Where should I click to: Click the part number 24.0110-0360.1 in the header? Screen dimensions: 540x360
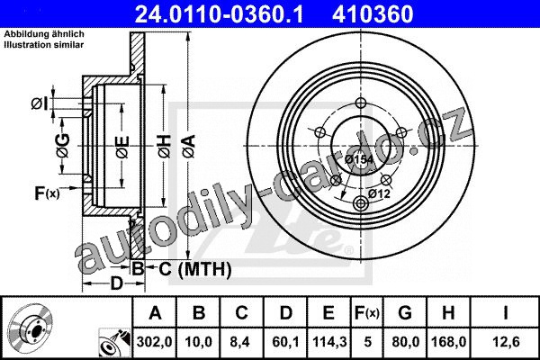219,14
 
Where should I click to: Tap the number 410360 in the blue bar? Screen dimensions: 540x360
373,14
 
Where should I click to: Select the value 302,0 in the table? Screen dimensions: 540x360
154,342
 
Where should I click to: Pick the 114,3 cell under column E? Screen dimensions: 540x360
329,342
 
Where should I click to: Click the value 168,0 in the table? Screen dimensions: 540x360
449,342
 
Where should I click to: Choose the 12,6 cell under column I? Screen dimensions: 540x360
506,342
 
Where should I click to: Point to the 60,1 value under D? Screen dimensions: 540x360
285,342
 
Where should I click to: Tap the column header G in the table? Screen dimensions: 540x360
405,313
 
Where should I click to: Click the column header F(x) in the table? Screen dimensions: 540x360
367,313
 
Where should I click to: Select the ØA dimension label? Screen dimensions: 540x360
189,147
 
